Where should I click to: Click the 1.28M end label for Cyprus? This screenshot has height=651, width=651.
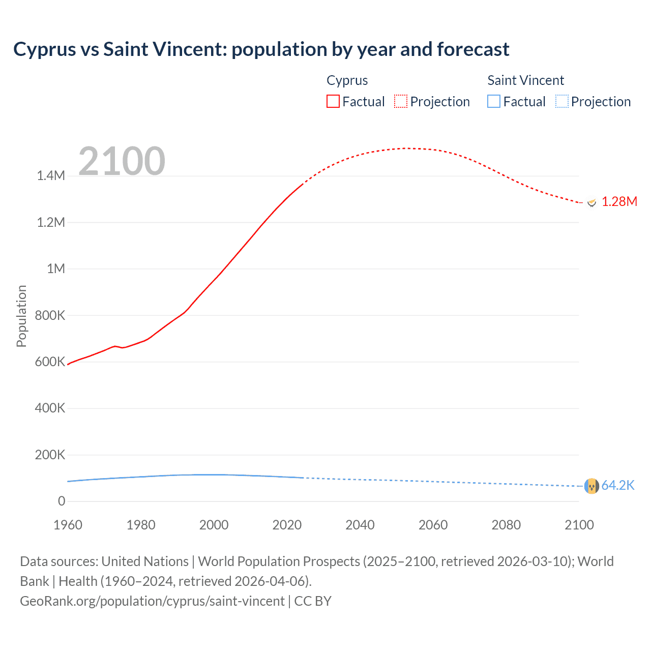(619, 202)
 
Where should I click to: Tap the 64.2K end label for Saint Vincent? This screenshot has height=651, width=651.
(618, 486)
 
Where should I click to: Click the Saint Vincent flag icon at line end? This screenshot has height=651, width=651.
(591, 486)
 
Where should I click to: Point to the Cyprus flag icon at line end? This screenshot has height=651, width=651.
(591, 202)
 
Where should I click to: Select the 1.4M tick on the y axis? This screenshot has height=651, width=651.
(51, 176)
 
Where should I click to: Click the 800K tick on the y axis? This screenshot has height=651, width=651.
(50, 315)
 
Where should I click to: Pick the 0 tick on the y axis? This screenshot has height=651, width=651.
(62, 501)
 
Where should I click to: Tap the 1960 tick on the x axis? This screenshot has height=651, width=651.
(68, 525)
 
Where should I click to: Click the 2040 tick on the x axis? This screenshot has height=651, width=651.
(360, 525)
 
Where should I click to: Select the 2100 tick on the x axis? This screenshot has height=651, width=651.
(579, 525)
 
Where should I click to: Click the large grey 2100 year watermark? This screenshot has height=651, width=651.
(122, 161)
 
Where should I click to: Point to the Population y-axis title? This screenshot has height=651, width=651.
(21, 316)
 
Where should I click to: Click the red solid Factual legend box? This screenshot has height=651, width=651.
(333, 102)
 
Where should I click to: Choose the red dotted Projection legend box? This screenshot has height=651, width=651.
(401, 102)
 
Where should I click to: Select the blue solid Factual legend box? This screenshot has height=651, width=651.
(494, 102)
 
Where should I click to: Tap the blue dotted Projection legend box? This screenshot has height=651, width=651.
(561, 102)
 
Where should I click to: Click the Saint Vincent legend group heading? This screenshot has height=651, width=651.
(525, 80)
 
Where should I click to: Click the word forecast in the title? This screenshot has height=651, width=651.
(473, 49)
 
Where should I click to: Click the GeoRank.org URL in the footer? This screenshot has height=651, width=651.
(152, 601)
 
